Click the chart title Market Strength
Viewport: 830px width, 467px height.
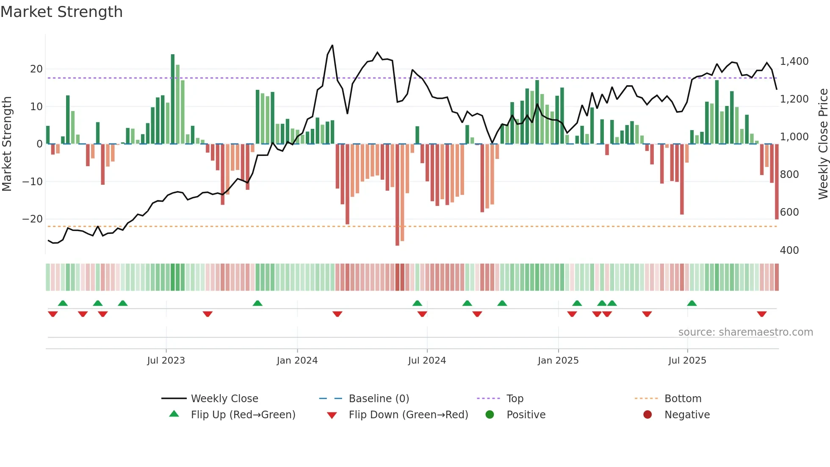pyautogui.click(x=61, y=12)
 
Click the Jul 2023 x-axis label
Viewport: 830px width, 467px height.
pyautogui.click(x=166, y=361)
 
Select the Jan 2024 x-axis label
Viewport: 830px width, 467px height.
pyautogui.click(x=297, y=361)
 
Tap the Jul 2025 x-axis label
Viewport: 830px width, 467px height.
pyautogui.click(x=687, y=361)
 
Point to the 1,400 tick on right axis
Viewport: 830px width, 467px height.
pyautogui.click(x=794, y=61)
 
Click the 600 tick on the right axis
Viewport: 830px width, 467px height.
pyautogui.click(x=789, y=212)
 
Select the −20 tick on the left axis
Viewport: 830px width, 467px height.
pyautogui.click(x=33, y=219)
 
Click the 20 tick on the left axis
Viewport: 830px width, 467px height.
pyautogui.click(x=36, y=69)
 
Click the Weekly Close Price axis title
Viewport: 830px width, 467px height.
pyautogui.click(x=823, y=144)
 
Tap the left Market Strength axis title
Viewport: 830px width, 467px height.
pyautogui.click(x=7, y=144)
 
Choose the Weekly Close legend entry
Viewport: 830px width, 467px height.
pyautogui.click(x=224, y=399)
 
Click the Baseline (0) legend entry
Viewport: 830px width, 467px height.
pyautogui.click(x=379, y=399)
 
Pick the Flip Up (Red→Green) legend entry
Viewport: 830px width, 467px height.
pyautogui.click(x=243, y=415)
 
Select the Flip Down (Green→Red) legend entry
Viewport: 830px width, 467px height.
pyautogui.click(x=408, y=415)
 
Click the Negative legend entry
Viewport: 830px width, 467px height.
pyautogui.click(x=686, y=415)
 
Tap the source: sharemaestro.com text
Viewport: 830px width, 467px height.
pyautogui.click(x=745, y=332)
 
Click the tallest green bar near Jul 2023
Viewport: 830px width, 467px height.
pyautogui.click(x=173, y=98)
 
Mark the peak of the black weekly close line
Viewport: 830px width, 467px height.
pyautogui.click(x=332, y=45)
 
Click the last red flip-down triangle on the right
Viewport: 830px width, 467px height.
pyautogui.click(x=762, y=314)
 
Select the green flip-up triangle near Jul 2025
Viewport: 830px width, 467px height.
pyautogui.click(x=692, y=303)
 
